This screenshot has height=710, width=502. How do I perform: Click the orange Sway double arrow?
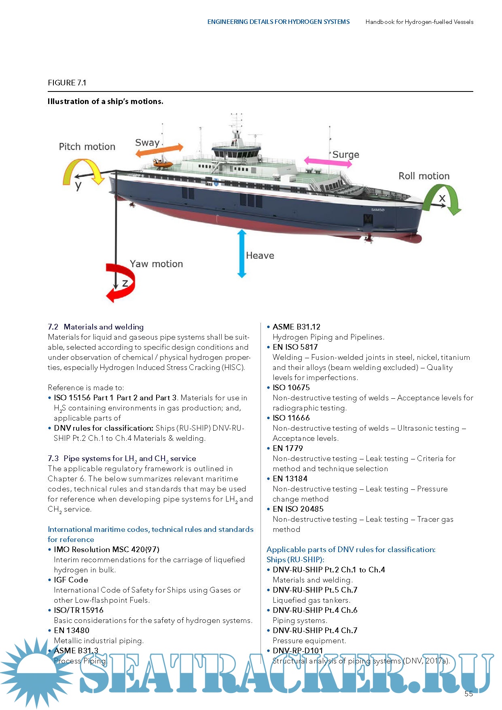tap(159, 150)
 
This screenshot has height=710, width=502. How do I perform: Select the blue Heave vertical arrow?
tap(242, 253)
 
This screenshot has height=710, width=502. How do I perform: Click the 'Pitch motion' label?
tap(87, 147)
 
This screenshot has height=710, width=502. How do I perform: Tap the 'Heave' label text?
tap(260, 255)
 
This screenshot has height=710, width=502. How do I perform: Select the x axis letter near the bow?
tap(442, 198)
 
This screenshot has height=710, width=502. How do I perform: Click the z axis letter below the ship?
tap(125, 283)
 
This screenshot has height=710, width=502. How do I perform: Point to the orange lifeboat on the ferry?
tap(163, 163)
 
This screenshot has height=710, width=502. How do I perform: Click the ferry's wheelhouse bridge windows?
tap(236, 153)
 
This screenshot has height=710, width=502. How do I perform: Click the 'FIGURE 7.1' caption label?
tap(67, 83)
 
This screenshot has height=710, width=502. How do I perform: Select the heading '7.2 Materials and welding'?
tap(96, 327)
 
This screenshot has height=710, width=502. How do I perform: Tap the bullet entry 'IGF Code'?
tap(71, 580)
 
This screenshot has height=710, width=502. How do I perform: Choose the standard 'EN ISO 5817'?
tap(295, 347)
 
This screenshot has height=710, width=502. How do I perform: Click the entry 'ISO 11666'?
tap(291, 418)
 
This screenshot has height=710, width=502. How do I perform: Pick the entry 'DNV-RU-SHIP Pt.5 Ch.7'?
tap(315, 590)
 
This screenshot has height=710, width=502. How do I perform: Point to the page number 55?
tap(468, 693)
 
